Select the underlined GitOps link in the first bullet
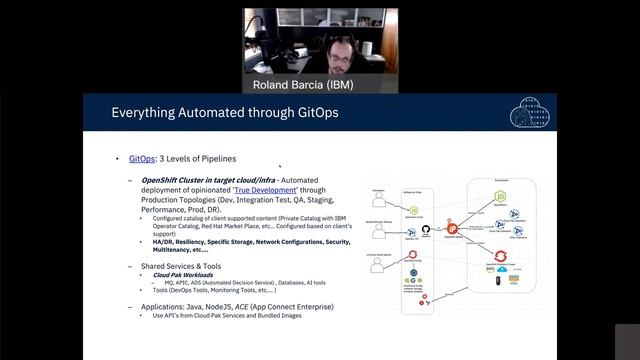pos(142,159)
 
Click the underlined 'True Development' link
pos(265,189)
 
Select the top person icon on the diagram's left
pos(380,197)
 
